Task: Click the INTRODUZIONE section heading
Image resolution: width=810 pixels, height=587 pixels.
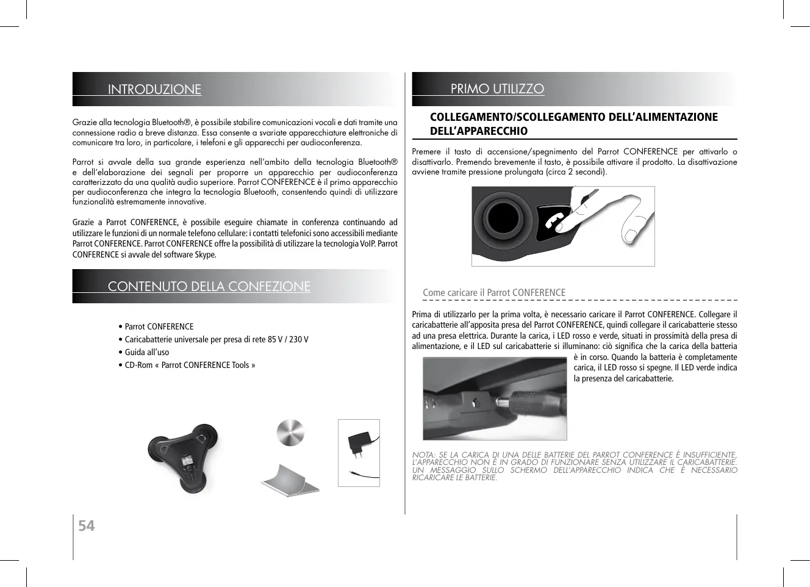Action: point(154,89)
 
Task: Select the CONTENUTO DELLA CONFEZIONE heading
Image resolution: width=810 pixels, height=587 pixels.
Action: point(209,286)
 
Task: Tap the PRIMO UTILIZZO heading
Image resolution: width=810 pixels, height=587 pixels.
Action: point(497,89)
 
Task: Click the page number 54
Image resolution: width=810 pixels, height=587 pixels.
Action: point(87,525)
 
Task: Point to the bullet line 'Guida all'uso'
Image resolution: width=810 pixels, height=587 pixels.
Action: point(146,352)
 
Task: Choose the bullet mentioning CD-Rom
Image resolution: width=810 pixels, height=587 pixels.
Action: point(190,365)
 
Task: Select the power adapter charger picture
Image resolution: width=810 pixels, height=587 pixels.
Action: point(359,452)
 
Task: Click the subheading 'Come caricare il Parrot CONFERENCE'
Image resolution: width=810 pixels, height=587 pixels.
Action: point(494,293)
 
